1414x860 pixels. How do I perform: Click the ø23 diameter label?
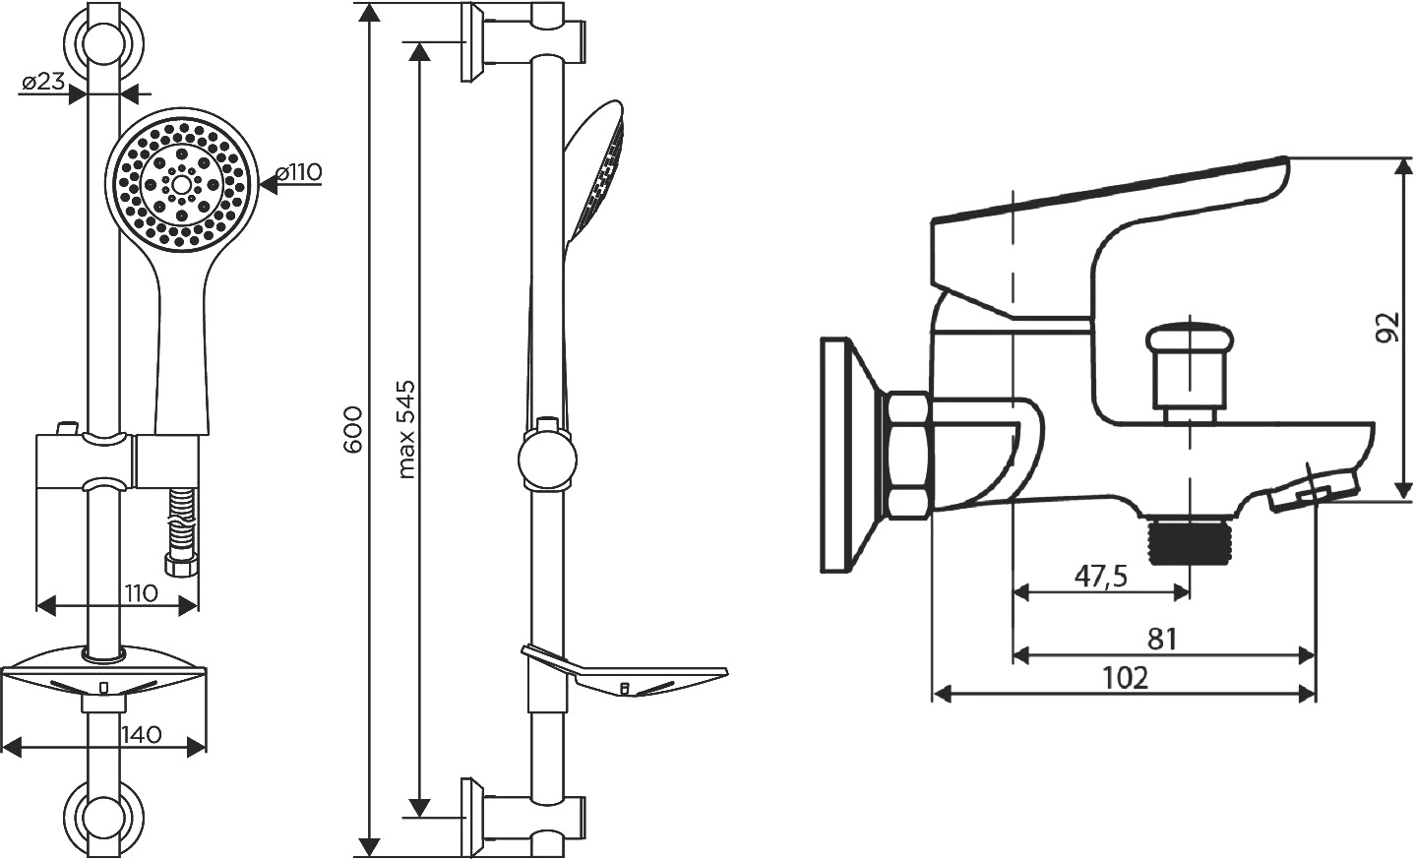44,82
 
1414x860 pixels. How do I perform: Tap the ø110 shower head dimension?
299,172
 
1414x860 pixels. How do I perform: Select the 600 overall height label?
353,430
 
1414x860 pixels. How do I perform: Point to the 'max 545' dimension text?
407,429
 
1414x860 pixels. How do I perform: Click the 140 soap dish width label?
142,734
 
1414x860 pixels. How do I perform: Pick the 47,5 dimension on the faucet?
1101,577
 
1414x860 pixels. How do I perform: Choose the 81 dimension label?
1162,640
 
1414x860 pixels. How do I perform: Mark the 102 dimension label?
1126,679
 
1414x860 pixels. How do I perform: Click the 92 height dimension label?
1386,327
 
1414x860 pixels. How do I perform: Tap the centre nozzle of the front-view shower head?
182,185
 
